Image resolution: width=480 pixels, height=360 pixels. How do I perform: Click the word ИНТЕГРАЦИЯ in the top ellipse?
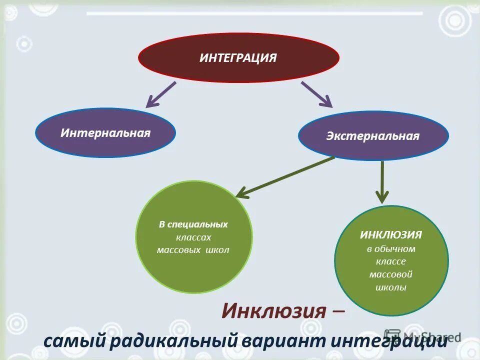pyautogui.click(x=238, y=58)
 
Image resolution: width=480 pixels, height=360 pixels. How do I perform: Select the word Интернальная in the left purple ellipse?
pyautogui.click(x=105, y=133)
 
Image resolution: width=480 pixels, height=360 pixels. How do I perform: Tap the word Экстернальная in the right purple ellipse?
pyautogui.click(x=373, y=136)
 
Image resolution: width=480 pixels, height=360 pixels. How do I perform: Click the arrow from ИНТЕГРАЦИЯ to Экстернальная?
pyautogui.click(x=316, y=94)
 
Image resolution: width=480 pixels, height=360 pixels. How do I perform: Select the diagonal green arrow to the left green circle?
pyautogui.click(x=285, y=176)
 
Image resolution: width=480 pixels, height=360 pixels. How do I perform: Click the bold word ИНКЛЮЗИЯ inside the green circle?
pyautogui.click(x=391, y=234)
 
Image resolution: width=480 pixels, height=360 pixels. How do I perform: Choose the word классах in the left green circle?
pyautogui.click(x=193, y=237)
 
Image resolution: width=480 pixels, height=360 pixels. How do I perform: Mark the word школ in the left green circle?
pyautogui.click(x=217, y=250)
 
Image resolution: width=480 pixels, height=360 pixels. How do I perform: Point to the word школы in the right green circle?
pyautogui.click(x=391, y=287)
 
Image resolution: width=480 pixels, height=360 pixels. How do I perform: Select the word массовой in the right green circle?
pyautogui.click(x=391, y=274)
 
